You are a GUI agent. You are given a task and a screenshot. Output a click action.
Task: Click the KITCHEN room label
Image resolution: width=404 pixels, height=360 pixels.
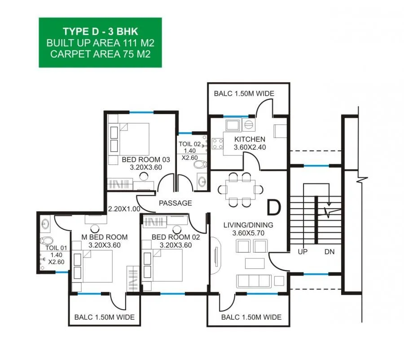coord(250,139)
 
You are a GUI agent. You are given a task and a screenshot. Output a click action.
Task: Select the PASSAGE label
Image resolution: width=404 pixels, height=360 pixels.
coord(175,203)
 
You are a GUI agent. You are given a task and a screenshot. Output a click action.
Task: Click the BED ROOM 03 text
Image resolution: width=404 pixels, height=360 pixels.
coord(145,160)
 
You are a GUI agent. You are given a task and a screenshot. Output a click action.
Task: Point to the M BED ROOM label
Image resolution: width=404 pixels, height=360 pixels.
coord(105,237)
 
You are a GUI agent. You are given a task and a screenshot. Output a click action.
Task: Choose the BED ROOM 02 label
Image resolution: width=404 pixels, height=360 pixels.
coord(176,237)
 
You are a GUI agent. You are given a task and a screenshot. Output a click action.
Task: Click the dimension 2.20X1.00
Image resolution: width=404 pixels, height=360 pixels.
coord(124,209)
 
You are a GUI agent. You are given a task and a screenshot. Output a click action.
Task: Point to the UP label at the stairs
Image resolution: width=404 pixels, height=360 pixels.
coord(303,252)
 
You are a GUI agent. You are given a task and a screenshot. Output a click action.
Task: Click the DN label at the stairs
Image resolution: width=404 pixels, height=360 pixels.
coord(329,252)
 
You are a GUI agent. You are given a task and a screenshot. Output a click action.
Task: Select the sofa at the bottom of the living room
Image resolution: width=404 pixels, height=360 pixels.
coord(254,280)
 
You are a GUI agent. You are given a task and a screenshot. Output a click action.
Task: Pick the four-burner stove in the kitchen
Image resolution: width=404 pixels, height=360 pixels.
coord(218,144)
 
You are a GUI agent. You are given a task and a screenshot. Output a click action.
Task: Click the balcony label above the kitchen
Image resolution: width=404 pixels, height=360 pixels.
coord(244,93)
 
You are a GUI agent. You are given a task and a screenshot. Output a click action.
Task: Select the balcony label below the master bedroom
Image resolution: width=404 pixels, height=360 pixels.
coord(104,317)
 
